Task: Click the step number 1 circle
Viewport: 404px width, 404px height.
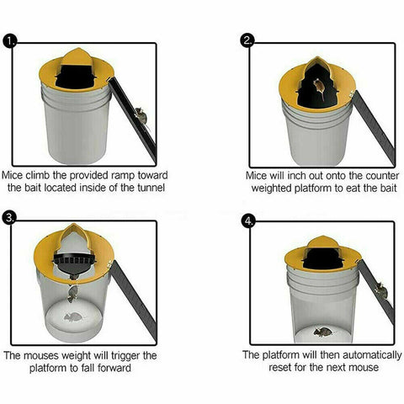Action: (x=11, y=40)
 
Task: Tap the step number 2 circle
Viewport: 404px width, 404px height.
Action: (x=247, y=40)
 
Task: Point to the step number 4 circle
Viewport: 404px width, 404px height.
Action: (x=247, y=221)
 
